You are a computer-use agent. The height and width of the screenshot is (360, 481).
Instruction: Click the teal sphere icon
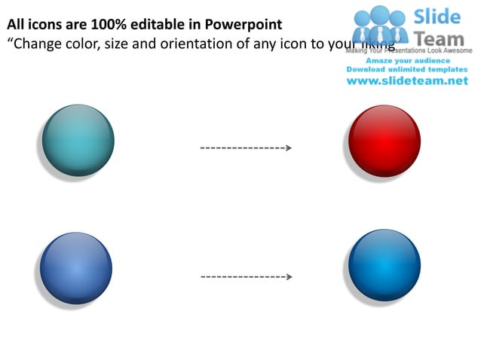click(78, 141)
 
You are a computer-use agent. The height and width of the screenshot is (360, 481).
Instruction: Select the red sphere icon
click(384, 141)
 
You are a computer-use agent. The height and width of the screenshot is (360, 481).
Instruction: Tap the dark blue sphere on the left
click(76, 268)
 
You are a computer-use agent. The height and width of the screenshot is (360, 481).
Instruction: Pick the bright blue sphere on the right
click(384, 265)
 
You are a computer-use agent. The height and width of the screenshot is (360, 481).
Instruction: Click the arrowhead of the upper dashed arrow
click(288, 148)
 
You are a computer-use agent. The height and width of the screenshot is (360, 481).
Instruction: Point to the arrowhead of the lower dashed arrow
click(288, 277)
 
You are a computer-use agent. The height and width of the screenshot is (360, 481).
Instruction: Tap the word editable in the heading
click(154, 25)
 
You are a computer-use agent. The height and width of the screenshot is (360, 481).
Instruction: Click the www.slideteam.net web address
click(407, 81)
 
